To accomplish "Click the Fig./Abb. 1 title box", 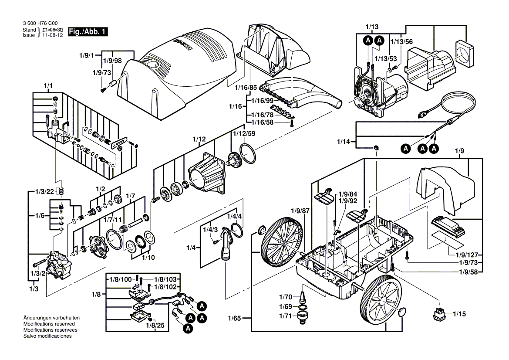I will pyautogui.click(x=88, y=32).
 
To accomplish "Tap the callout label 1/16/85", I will pyautogui.click(x=246, y=88).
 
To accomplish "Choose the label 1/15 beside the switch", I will pyautogui.click(x=459, y=313).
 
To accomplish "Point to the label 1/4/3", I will pyautogui.click(x=210, y=229).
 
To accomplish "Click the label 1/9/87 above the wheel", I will pyautogui.click(x=300, y=211).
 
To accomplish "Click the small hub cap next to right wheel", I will pyautogui.click(x=402, y=312).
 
